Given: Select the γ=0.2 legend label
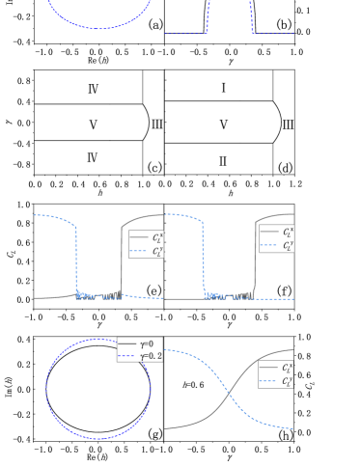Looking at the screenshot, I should tap(152, 356).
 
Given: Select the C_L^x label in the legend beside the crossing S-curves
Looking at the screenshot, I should tap(287, 367).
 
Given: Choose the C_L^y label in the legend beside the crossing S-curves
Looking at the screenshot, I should tap(287, 381).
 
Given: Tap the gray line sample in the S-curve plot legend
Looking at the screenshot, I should tap(268, 367).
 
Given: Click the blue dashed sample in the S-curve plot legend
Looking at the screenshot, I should tap(268, 381).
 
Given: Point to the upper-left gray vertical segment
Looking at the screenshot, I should tap(143, 86).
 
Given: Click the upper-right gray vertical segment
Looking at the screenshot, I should tap(273, 86).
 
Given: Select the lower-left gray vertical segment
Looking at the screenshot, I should tap(143, 157).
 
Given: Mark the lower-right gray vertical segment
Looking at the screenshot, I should tap(273, 157).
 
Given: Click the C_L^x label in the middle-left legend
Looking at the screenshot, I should tap(157, 236).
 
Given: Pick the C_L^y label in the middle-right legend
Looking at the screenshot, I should tap(287, 245).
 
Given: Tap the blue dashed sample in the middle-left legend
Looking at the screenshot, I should tap(139, 251).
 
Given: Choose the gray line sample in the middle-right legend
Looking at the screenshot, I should tap(268, 232).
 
